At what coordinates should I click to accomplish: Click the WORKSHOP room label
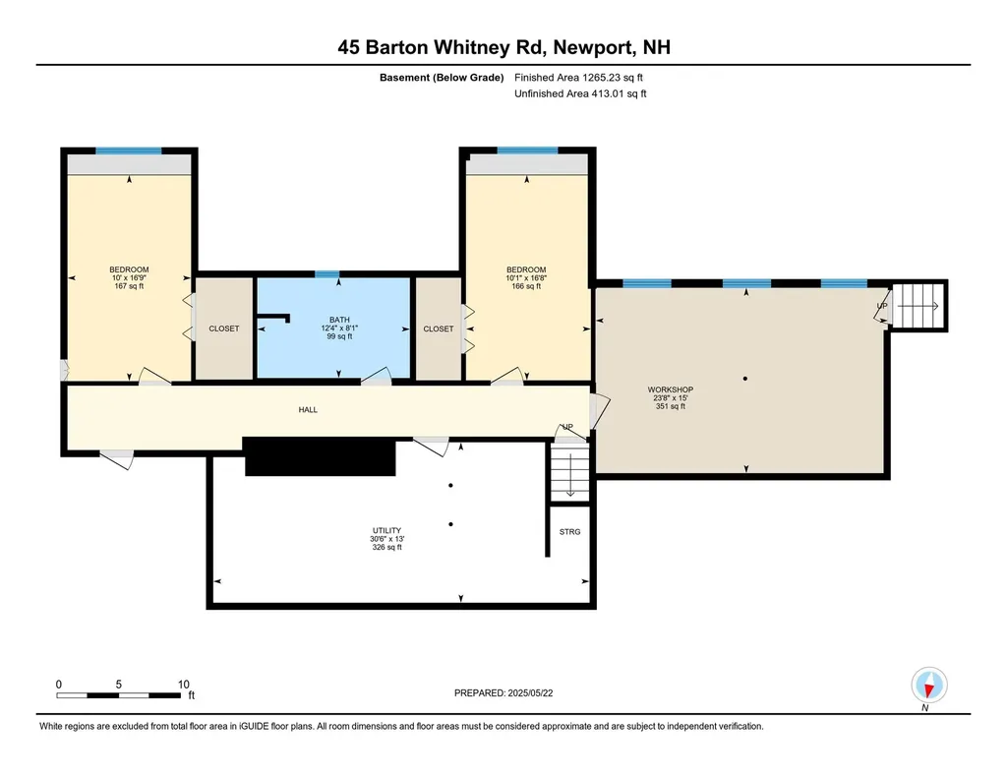pyautogui.click(x=670, y=389)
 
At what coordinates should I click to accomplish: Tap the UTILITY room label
pyautogui.click(x=385, y=531)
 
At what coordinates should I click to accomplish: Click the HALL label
pyautogui.click(x=308, y=410)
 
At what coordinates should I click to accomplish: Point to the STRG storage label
pyautogui.click(x=569, y=532)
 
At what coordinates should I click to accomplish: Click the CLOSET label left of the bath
pyautogui.click(x=223, y=329)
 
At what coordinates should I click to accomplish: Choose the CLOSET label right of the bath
pyautogui.click(x=439, y=329)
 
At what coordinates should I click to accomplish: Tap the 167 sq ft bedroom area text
pyautogui.click(x=129, y=286)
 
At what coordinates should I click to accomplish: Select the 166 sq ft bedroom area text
pyautogui.click(x=526, y=286)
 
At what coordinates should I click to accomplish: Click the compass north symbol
pyautogui.click(x=928, y=685)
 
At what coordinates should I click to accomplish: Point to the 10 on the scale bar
pyautogui.click(x=183, y=684)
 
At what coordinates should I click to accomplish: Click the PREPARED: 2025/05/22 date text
pyautogui.click(x=510, y=693)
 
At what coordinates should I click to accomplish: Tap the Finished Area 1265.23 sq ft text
pyautogui.click(x=580, y=78)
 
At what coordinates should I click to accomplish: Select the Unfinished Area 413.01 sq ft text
pyautogui.click(x=580, y=94)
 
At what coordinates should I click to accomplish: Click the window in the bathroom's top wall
pyautogui.click(x=326, y=274)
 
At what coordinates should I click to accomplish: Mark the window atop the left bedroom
pyautogui.click(x=128, y=150)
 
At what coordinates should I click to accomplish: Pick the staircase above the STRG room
pyautogui.click(x=569, y=474)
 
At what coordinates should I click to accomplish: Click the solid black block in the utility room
pyautogui.click(x=319, y=457)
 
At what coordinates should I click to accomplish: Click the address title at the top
pyautogui.click(x=503, y=47)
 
